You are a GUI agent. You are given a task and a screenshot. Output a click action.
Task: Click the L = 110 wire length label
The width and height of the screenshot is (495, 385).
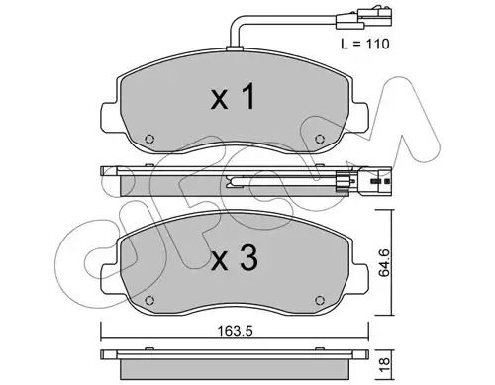[365, 44]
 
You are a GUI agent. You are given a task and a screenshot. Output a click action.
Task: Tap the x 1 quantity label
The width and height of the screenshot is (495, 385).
[233, 96]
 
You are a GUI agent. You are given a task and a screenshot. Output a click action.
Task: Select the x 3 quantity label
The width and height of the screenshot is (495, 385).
[234, 259]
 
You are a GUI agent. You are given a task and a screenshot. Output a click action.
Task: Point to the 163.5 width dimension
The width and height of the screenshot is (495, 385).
[235, 331]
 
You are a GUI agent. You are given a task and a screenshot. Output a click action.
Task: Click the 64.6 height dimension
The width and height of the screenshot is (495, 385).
[384, 263]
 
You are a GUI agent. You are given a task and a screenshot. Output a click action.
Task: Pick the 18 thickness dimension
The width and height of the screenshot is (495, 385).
[385, 365]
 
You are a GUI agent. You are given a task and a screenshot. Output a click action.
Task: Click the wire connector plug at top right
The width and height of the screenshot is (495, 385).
[363, 19]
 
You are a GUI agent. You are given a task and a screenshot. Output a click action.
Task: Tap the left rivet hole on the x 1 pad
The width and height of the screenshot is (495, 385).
[149, 139]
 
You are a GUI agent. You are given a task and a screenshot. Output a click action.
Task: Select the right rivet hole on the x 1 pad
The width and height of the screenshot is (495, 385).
[319, 139]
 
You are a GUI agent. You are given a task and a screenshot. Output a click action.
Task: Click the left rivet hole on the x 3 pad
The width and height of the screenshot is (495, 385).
[149, 300]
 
